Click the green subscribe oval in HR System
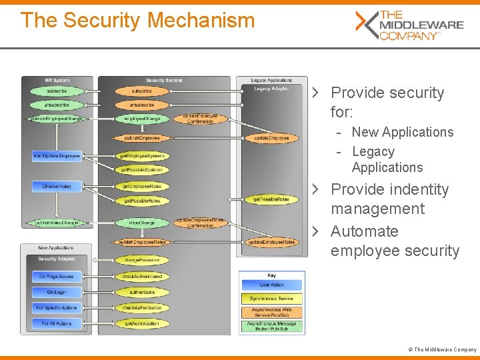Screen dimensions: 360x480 tap(57, 91)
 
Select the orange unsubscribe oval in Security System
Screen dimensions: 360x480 tap(141, 105)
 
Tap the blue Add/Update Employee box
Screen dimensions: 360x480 tap(57, 156)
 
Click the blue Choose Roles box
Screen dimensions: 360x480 tap(57, 186)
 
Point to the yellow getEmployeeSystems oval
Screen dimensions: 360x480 tap(141, 156)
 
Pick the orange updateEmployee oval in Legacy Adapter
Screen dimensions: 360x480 tap(271, 138)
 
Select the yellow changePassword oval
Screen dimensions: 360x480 tap(141, 260)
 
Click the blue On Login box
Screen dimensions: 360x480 tap(57, 292)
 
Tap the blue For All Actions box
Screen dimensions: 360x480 tap(57, 323)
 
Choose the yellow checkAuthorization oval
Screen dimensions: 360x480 tap(141, 308)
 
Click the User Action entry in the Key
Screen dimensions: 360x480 tap(271, 285)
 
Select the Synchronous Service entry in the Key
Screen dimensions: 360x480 tap(271, 299)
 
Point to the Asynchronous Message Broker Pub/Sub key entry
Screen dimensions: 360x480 tap(271, 327)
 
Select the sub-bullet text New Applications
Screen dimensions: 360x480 tap(402, 132)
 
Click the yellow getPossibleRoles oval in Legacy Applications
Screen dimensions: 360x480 tap(271, 199)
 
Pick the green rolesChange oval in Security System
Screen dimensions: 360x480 tap(141, 223)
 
